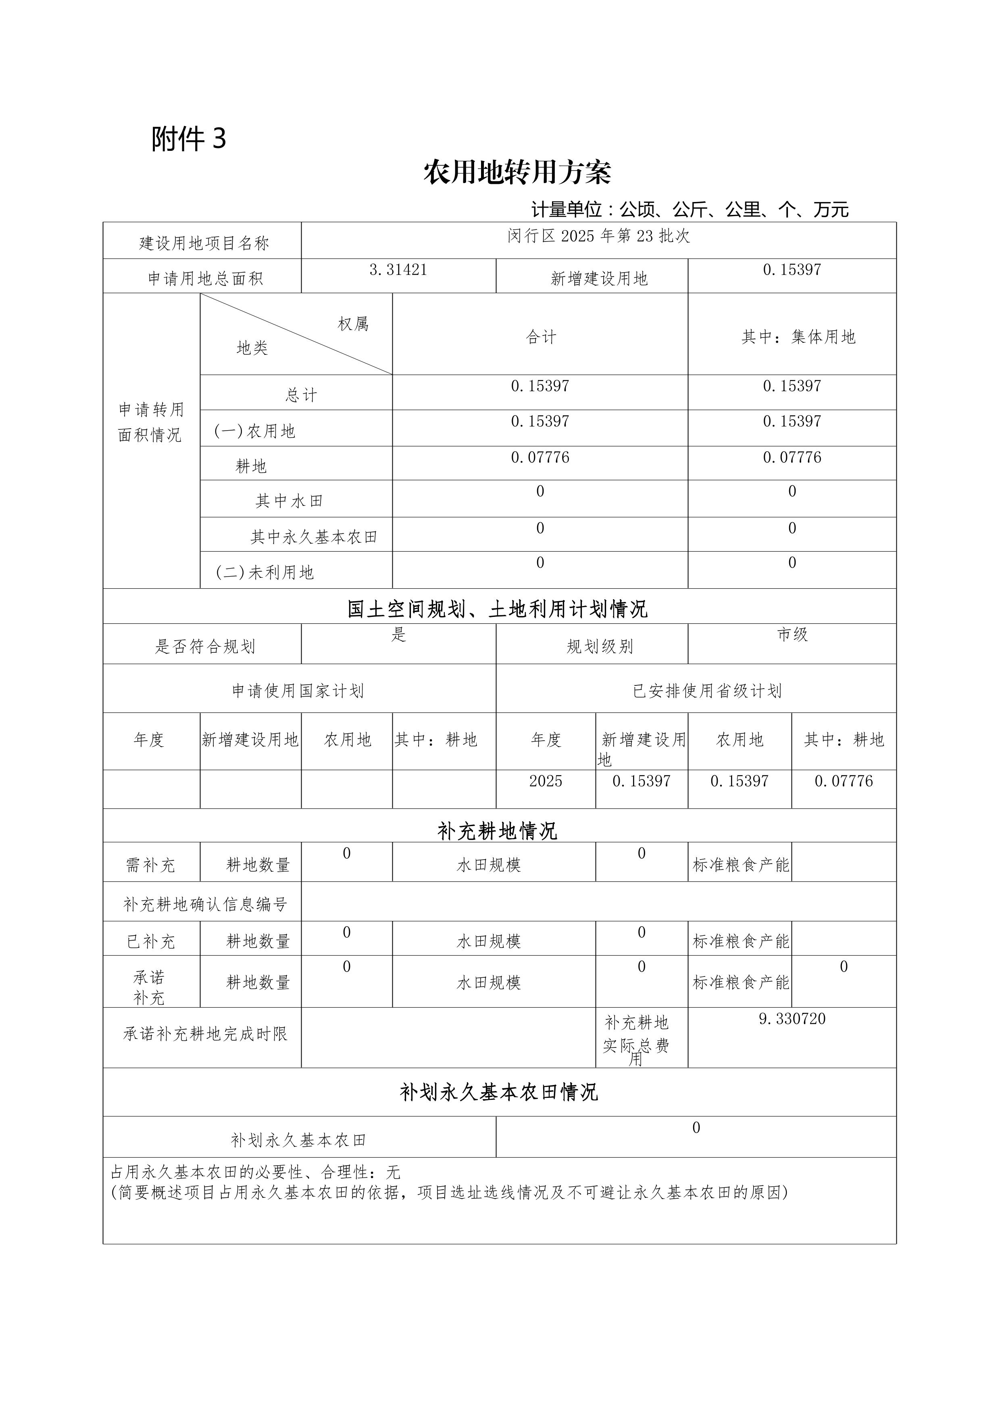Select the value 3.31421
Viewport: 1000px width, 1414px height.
coord(398,270)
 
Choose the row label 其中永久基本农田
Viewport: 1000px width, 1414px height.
coord(313,537)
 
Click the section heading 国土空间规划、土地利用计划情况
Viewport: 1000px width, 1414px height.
coord(498,609)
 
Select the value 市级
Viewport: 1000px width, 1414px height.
coord(792,634)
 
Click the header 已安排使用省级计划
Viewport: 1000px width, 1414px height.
coord(707,691)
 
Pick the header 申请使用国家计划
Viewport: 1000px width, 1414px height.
coord(298,691)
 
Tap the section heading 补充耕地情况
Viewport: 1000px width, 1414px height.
coord(498,831)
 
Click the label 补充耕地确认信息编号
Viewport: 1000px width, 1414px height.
coord(205,904)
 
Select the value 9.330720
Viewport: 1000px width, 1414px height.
coord(792,1018)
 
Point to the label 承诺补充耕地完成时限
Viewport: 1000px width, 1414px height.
coord(205,1034)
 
